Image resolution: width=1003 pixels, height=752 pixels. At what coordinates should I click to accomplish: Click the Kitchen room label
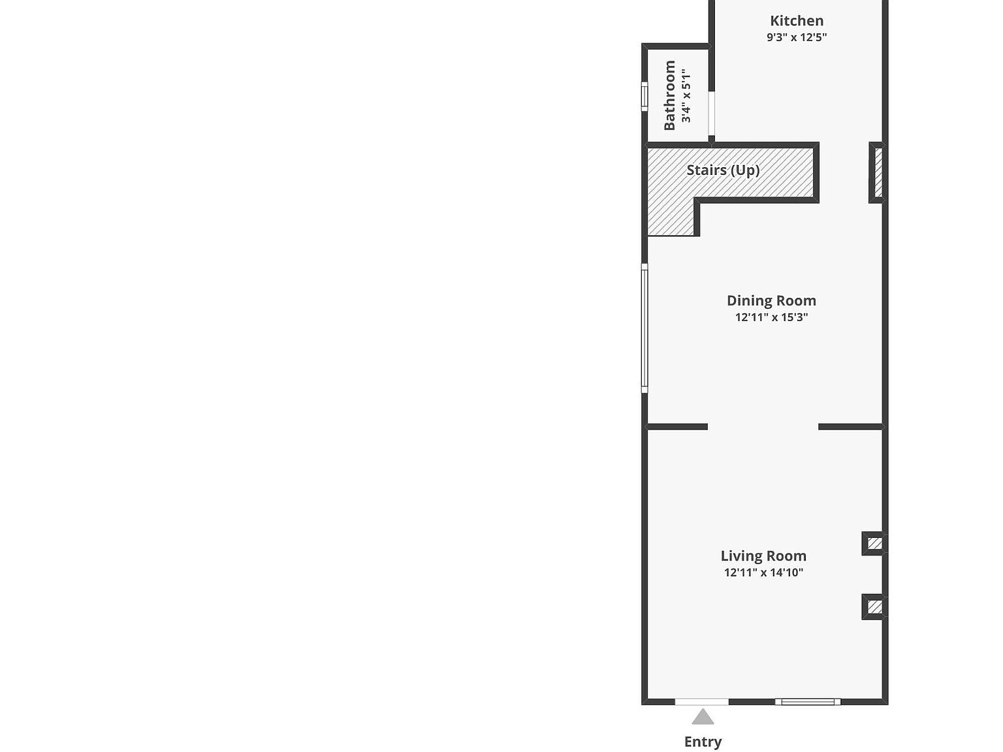797,21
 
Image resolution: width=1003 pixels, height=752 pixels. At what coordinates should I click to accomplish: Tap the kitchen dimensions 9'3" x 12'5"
797,37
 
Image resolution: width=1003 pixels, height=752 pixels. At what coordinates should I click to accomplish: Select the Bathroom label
670,95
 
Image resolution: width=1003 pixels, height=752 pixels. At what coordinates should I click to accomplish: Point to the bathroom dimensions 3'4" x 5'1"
686,95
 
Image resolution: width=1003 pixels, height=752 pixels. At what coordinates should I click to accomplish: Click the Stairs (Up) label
723,170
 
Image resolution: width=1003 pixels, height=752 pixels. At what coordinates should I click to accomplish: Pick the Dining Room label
771,301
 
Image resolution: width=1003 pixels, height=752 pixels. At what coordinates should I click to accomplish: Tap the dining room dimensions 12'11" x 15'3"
771,317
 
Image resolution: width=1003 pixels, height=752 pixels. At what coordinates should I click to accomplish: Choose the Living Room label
763,556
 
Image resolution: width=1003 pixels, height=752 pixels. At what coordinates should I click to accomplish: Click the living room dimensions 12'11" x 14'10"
763,572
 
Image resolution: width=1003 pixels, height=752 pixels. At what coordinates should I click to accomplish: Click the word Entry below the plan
703,742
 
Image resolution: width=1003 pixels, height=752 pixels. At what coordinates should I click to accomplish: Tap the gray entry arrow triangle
703,718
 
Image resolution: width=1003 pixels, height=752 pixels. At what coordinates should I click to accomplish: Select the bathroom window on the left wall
645,97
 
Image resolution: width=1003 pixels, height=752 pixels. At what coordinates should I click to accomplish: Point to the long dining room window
645,328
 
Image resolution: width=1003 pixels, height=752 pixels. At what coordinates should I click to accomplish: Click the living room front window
808,702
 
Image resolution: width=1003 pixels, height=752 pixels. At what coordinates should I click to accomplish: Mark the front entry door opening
701,702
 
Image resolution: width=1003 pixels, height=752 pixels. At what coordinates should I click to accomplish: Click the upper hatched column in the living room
875,543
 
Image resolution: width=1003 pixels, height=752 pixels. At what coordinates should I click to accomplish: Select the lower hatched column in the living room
875,607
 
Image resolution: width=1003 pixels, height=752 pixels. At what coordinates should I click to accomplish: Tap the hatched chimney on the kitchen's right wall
878,172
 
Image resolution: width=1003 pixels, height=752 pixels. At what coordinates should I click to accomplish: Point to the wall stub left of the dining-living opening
677,427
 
